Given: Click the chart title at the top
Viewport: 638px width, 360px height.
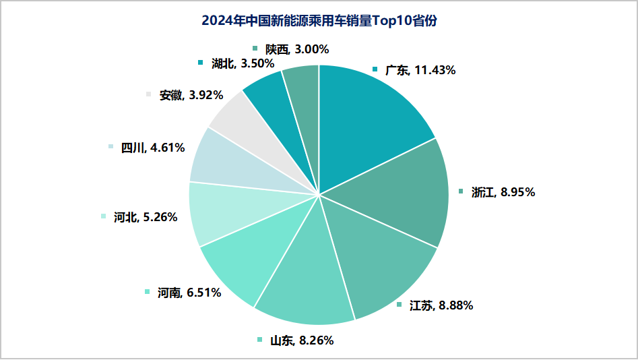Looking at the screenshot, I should coord(319,21).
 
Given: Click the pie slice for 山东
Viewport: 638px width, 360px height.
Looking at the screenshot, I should coord(310,276).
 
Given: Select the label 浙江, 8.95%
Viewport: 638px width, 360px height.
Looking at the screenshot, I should coord(503,192).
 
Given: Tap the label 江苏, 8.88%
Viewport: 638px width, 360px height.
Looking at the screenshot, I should coord(441,305).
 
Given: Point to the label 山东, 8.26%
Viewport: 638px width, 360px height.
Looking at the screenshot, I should coord(301,340).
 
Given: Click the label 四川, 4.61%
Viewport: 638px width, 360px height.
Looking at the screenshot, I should coord(152,148).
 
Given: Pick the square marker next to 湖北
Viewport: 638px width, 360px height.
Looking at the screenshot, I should coord(200,63).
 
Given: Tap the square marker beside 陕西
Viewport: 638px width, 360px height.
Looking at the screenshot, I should coord(255,48).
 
